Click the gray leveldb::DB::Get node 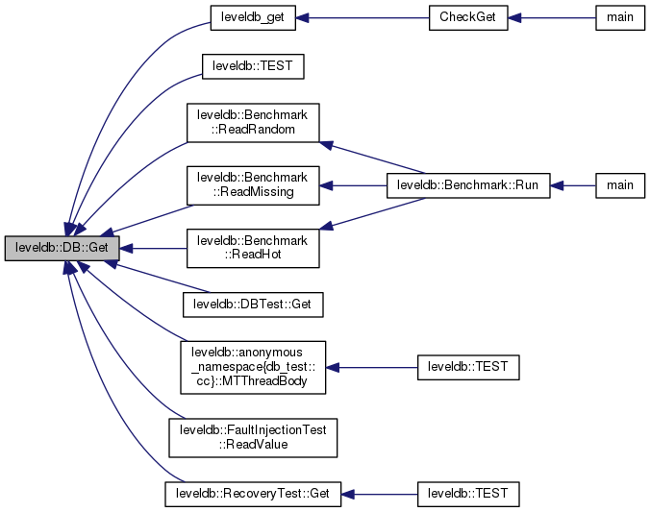click(x=62, y=248)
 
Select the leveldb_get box click(x=252, y=19)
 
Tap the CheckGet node click(x=467, y=19)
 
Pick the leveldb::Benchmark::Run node click(x=468, y=184)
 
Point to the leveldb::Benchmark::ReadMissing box click(x=252, y=184)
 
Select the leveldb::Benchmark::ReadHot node click(x=252, y=247)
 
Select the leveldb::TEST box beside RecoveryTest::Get click(x=467, y=494)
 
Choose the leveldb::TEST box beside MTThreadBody click(x=467, y=366)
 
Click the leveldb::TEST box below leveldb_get click(x=252, y=66)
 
